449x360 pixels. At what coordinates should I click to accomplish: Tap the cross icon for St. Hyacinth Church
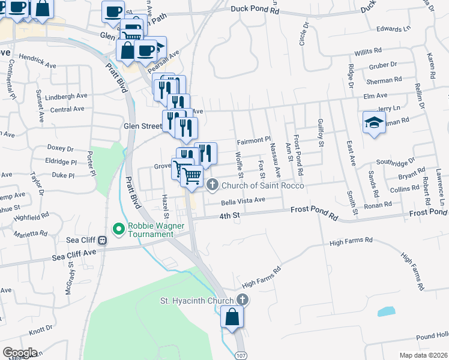(243, 299)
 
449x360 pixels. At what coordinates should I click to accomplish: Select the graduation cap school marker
(374, 123)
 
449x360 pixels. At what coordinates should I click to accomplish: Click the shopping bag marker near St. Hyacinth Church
(232, 316)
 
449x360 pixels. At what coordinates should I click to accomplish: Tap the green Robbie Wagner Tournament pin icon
(118, 229)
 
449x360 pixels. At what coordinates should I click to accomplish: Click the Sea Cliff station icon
(103, 241)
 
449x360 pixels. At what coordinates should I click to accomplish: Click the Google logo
(20, 353)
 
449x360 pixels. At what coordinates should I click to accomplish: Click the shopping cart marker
(192, 176)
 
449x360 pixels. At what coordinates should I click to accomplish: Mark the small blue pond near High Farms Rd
(386, 311)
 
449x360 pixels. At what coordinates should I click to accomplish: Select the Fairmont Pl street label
(254, 141)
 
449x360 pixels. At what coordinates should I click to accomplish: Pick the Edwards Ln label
(393, 28)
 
